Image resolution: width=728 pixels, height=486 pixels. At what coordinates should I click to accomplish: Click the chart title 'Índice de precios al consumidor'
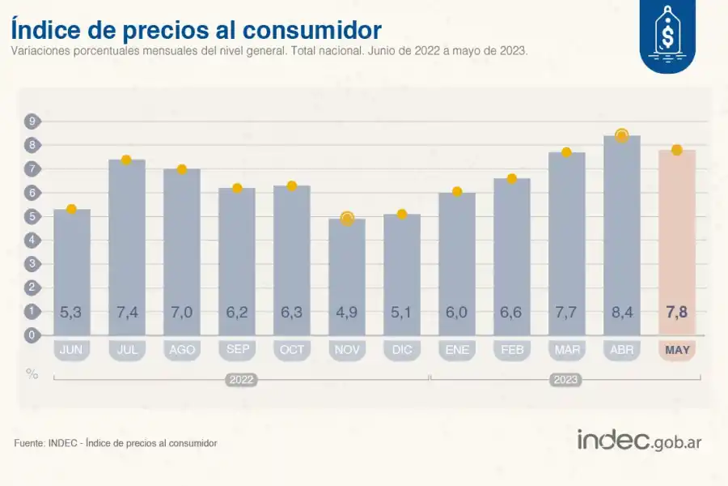coord(196,30)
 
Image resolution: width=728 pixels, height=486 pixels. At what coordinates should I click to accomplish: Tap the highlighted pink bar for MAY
coord(676,243)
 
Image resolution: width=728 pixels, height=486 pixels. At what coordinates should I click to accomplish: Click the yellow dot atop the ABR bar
coord(621,135)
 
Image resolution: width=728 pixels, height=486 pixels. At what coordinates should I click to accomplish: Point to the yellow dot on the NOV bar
coord(347,218)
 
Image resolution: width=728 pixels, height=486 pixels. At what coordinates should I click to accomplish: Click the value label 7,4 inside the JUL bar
coord(126,312)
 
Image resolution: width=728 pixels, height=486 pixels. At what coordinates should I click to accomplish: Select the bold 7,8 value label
coord(676,312)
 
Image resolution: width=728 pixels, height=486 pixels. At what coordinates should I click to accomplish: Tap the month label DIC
coord(402,350)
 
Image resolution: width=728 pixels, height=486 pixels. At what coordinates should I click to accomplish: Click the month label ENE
coord(457,350)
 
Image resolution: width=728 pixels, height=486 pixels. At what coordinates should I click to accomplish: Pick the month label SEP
coord(237,350)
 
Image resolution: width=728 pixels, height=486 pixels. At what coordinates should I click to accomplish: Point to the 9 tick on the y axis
coord(32,122)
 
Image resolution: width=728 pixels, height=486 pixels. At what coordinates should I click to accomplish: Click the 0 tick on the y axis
coord(32,335)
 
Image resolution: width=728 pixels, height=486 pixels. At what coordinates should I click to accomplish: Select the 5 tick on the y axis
coord(32,216)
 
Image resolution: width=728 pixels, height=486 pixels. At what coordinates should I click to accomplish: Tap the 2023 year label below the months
coord(565,378)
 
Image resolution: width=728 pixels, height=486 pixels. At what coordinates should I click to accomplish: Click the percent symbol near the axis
coord(32,374)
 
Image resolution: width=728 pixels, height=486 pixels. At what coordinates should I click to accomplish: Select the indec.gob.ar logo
coord(639,440)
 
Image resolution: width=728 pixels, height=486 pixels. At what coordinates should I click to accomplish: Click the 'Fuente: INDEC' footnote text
coord(116,443)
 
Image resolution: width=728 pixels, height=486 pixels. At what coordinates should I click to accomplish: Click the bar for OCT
coord(292,259)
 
